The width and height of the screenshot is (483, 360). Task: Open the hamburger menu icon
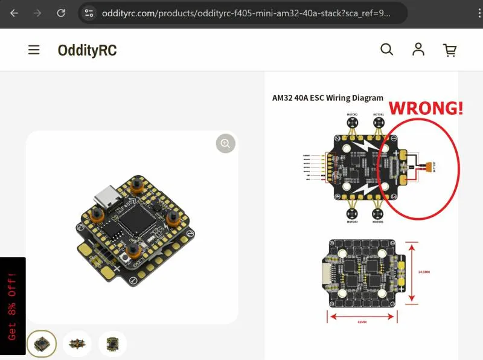point(34,50)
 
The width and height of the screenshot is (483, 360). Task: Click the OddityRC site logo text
point(87,50)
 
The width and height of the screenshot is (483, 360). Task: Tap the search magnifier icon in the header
point(386,50)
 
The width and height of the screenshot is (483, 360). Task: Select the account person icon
point(418,50)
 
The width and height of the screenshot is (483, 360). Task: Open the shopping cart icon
point(450,50)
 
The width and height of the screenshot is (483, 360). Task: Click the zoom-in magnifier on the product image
point(226,143)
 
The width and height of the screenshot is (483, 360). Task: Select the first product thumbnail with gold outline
point(42,344)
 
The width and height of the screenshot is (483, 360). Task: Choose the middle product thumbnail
point(77,344)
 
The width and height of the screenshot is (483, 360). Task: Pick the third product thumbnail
point(113,344)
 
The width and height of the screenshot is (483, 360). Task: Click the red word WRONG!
point(426,109)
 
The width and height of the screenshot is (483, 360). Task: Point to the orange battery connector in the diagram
point(429,166)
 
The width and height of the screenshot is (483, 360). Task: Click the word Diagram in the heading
point(364,98)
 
